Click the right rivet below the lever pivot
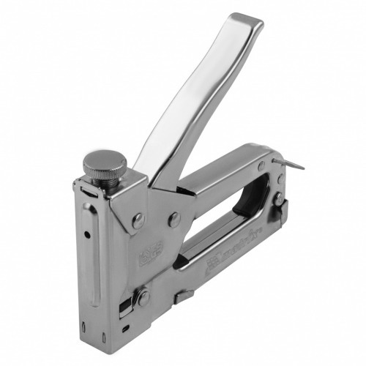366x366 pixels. tap(174, 219)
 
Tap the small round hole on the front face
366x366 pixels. tap(87, 236)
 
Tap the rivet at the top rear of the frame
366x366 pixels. tap(261, 166)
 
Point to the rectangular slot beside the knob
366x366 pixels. tap(88, 192)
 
